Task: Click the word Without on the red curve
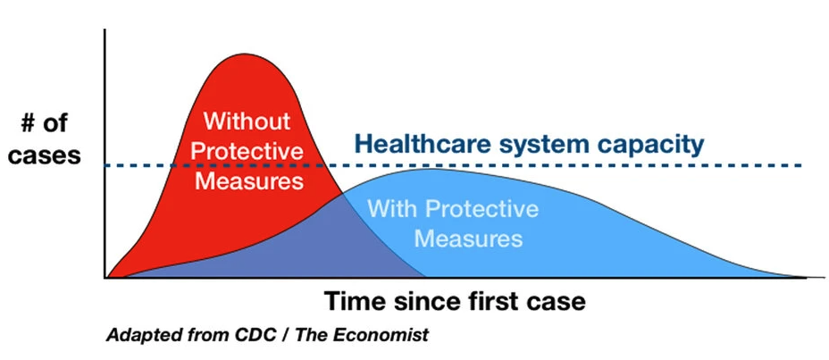click(x=247, y=121)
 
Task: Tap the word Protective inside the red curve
click(x=247, y=151)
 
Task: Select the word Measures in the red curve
click(x=249, y=181)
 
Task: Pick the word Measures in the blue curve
click(x=468, y=239)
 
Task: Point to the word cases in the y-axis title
click(x=45, y=156)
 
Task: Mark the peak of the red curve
click(x=244, y=54)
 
